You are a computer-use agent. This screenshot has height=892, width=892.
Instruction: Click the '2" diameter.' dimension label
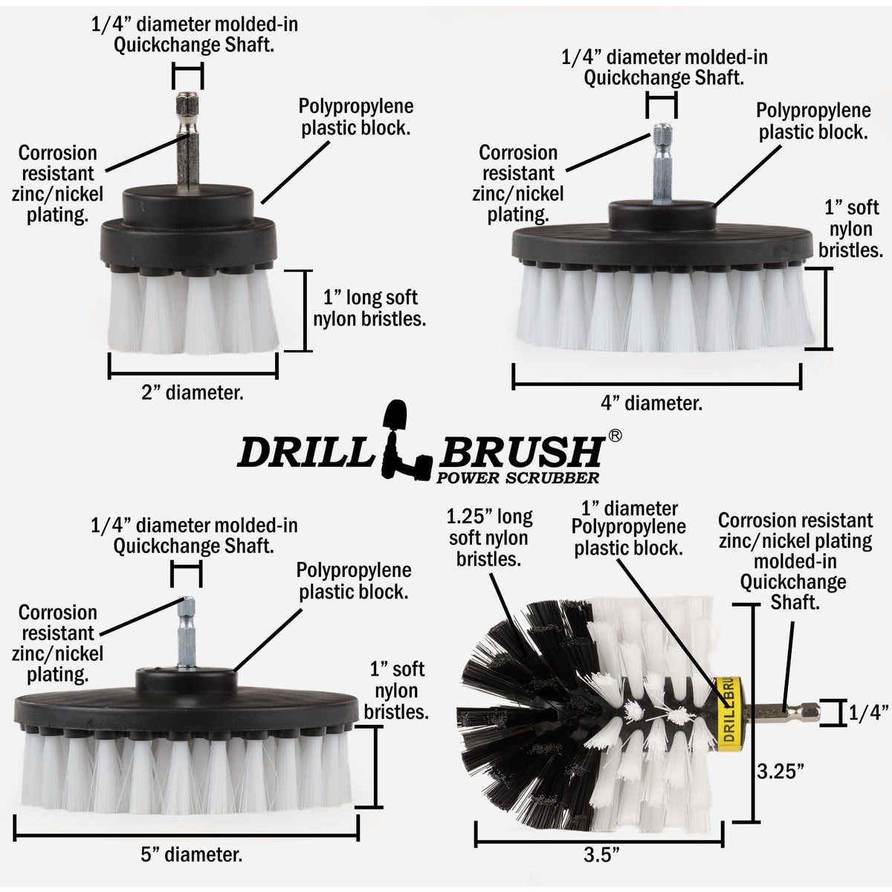(x=193, y=392)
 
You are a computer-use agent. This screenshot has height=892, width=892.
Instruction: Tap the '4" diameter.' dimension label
(x=651, y=404)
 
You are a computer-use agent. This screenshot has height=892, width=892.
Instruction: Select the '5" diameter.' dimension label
(x=192, y=855)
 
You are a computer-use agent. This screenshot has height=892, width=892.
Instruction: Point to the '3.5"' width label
(x=599, y=855)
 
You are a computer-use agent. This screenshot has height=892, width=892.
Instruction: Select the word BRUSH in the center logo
(x=526, y=451)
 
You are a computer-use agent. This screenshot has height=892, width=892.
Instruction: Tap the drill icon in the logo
(x=402, y=439)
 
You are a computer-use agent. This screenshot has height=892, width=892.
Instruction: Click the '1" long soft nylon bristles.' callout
(x=369, y=308)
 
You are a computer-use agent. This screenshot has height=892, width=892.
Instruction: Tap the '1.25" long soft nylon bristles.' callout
(x=489, y=537)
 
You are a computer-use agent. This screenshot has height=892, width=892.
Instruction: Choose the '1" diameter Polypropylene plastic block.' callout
(x=629, y=529)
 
